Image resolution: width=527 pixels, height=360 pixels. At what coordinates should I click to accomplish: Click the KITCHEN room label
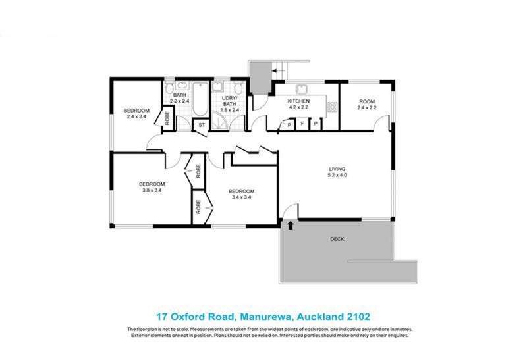click(298, 101)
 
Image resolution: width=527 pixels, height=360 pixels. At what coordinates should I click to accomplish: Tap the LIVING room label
click(336, 170)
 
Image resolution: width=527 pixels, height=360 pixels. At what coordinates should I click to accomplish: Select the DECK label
click(337, 239)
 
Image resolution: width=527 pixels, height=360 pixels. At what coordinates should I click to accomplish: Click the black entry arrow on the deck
click(291, 226)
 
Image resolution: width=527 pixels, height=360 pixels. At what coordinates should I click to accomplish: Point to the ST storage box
click(202, 124)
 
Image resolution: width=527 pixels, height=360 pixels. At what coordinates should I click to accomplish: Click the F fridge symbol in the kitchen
click(302, 123)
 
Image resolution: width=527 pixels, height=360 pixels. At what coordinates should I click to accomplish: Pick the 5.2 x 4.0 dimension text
click(336, 176)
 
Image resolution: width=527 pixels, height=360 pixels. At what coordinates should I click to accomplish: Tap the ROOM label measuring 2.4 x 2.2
click(366, 101)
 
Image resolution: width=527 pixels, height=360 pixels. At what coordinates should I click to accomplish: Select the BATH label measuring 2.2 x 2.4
click(179, 95)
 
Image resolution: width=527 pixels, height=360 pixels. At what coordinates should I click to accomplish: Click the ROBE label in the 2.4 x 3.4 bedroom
click(168, 119)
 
